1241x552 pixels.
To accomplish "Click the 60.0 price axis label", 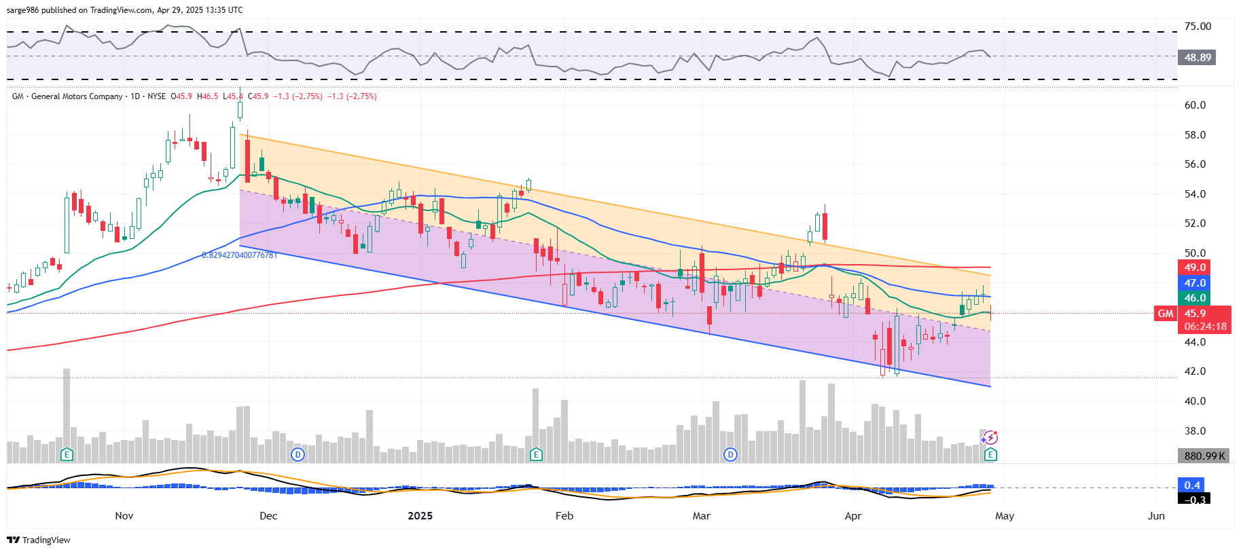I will point(1195,105).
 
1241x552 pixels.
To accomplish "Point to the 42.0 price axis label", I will point(1195,371).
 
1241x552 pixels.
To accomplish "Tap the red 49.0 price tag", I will point(1195,268).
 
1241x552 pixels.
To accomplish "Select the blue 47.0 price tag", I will point(1195,283).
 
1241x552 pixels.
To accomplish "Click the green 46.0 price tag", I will point(1195,298).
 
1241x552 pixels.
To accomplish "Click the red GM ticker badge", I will point(1166,314).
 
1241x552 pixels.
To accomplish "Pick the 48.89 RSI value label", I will point(1197,58).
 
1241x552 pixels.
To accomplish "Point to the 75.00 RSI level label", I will point(1198,26).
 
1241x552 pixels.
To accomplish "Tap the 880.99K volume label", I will point(1204,456).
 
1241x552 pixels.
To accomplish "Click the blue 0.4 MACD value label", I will point(1192,485).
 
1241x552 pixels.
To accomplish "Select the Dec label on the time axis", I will point(268,516).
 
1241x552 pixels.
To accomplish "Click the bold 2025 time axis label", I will point(420,516).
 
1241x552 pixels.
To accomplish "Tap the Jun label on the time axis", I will point(1156,516).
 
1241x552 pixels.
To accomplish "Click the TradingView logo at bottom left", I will point(39,540).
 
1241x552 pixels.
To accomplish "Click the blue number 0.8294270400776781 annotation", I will point(239,255).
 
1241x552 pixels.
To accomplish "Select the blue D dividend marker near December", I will point(297,454).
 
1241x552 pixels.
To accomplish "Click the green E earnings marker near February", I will point(536,454).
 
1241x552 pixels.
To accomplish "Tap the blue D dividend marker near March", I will point(730,454).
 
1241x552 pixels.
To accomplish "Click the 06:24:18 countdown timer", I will point(1205,327).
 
